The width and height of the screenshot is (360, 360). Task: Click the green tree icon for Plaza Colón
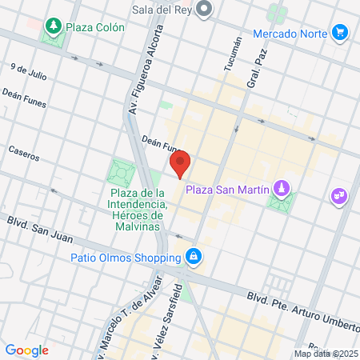coord(54,26)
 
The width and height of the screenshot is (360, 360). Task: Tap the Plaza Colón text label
coord(95,27)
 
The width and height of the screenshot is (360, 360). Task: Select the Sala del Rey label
coord(162,10)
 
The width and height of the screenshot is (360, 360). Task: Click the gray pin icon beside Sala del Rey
coord(205,10)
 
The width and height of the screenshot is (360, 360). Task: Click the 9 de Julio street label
coord(26,71)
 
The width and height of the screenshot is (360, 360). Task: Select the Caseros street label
coord(23,151)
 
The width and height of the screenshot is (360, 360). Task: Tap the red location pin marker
coord(180,164)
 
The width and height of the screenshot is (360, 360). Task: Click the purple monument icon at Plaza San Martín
coord(281,189)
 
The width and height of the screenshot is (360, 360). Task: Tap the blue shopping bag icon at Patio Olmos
coord(193,258)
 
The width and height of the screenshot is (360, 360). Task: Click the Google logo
coord(27,350)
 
